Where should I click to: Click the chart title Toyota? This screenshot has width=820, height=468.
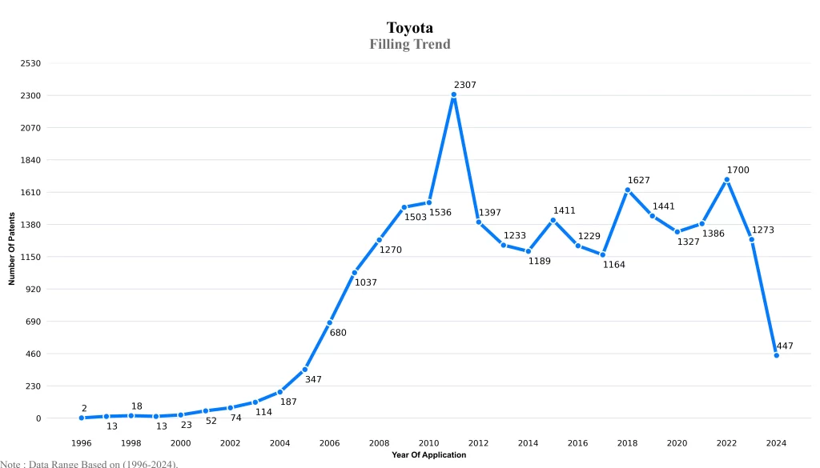point(409,28)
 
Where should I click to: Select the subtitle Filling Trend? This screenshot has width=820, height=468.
point(409,44)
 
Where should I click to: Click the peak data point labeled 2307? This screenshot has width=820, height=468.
point(453,94)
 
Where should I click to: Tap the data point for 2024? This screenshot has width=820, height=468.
point(776,355)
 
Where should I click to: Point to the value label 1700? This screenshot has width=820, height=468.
point(738,170)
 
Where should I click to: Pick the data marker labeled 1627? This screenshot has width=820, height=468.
point(627,190)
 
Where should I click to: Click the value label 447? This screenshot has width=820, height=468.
point(785,346)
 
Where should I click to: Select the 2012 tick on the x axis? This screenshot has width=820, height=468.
point(478,442)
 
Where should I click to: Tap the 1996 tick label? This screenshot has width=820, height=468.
point(81,442)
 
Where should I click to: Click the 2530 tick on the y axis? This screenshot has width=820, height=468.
point(30,63)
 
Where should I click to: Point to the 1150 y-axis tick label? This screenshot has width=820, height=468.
point(30,257)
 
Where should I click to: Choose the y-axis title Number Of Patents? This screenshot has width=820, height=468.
point(12,249)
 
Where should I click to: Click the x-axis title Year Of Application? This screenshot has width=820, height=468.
point(428,455)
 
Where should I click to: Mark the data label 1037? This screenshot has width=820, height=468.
point(365,282)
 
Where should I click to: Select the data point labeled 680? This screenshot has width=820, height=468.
point(329,322)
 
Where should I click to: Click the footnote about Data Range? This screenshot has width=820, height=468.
point(89,463)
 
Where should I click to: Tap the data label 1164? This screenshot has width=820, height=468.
point(613,265)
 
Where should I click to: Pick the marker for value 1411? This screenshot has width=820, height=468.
point(553,220)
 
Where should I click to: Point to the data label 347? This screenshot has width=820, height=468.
point(312,379)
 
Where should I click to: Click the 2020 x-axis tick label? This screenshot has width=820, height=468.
point(677,442)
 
